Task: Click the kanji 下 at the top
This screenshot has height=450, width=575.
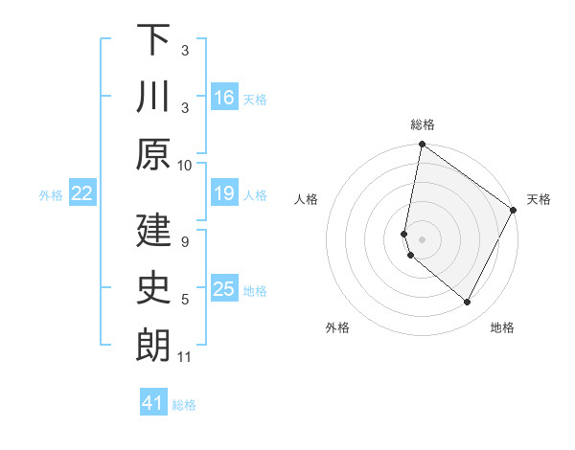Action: click(153, 40)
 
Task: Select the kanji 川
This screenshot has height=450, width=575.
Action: click(153, 98)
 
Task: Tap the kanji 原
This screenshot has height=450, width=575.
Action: click(153, 155)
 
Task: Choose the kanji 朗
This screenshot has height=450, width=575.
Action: click(153, 346)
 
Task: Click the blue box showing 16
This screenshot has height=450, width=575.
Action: click(224, 97)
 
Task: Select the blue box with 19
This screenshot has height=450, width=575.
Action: click(224, 194)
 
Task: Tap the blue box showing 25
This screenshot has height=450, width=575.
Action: click(224, 290)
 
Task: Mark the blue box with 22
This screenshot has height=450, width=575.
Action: click(82, 194)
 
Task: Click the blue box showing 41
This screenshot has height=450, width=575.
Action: click(153, 403)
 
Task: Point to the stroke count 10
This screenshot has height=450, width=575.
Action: click(185, 165)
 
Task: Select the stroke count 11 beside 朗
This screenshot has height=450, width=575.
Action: click(185, 357)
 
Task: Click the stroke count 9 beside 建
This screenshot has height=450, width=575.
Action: click(185, 241)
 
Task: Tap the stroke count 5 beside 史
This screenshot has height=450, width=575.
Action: click(185, 300)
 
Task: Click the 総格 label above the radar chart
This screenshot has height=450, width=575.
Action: click(423, 124)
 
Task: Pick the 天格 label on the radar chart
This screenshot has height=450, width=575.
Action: click(539, 199)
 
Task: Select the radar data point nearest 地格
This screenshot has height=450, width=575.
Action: click(468, 303)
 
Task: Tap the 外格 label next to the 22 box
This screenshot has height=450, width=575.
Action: click(51, 195)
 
